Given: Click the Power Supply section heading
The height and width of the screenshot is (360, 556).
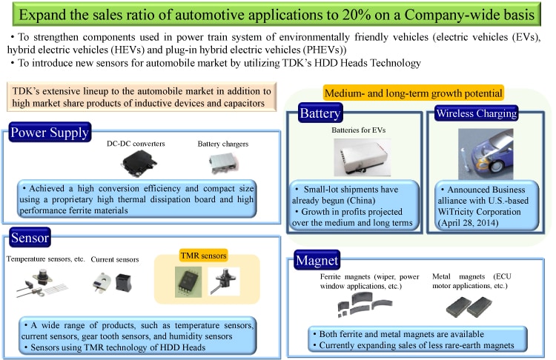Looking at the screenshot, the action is click(x=50, y=132).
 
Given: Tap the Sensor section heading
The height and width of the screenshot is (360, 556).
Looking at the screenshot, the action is click(x=30, y=237).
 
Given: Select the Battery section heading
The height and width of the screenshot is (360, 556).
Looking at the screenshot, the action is click(x=320, y=113).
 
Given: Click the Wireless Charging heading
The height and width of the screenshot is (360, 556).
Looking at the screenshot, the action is click(x=477, y=113).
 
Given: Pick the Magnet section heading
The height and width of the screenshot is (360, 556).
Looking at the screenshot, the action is click(x=317, y=260).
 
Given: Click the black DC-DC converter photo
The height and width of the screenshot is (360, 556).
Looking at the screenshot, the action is click(x=139, y=164).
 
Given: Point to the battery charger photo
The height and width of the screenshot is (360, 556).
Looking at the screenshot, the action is click(x=223, y=164).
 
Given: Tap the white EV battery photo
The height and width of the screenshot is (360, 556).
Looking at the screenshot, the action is click(x=362, y=157).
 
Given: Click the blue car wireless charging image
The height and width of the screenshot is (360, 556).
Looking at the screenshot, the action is click(x=486, y=154).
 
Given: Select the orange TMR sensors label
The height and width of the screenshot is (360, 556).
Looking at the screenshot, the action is click(x=203, y=256).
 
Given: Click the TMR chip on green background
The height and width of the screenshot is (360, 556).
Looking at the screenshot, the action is click(x=188, y=282).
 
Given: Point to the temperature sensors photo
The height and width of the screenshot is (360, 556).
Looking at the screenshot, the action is click(x=42, y=284).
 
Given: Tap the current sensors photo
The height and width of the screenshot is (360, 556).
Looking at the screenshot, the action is click(x=112, y=282).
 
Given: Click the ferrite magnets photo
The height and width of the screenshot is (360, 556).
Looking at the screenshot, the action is click(x=364, y=304).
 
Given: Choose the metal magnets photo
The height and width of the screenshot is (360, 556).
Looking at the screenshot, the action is click(x=469, y=307).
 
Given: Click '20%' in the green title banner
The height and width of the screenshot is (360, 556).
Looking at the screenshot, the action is click(x=357, y=15).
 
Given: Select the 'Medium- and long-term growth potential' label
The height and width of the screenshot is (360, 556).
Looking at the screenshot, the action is click(x=414, y=93).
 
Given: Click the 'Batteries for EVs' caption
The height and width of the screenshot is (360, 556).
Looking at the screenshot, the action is click(x=359, y=130).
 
